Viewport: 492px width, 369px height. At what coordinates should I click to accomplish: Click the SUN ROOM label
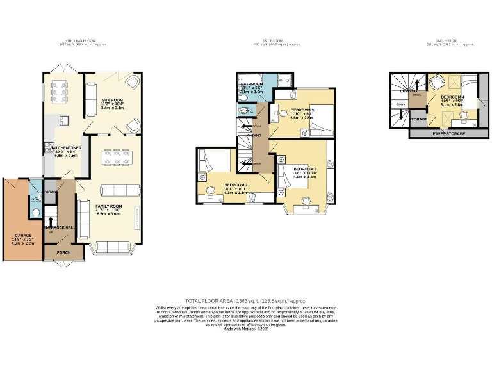pyautogui.click(x=112, y=100)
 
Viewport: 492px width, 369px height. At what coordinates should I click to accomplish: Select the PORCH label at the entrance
pyautogui.click(x=64, y=252)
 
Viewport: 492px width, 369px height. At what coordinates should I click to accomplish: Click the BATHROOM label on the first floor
pyautogui.click(x=251, y=84)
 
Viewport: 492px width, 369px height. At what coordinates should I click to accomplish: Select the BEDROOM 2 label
pyautogui.click(x=235, y=185)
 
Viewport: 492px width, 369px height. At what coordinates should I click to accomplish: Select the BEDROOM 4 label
pyautogui.click(x=452, y=97)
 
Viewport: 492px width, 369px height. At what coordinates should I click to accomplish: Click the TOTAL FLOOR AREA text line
pyautogui.click(x=245, y=300)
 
